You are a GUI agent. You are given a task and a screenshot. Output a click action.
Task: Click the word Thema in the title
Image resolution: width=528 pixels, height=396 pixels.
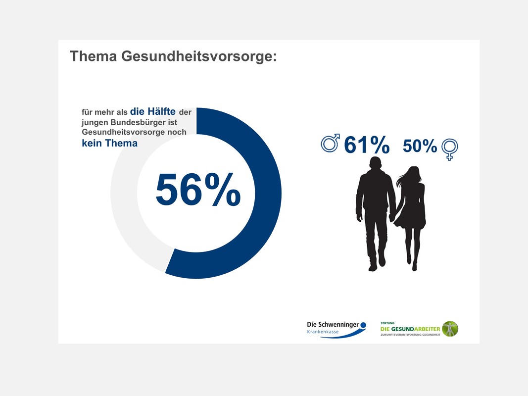tap(93, 56)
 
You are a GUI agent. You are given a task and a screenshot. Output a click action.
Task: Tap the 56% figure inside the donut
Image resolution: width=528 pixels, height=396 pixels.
tap(198, 189)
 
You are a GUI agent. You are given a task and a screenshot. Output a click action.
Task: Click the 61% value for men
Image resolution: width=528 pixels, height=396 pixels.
tap(367, 145)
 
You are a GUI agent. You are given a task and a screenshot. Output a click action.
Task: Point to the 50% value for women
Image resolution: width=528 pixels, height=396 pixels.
tap(420, 146)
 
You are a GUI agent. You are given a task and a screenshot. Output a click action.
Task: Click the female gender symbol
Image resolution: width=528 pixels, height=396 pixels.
tap(449, 149)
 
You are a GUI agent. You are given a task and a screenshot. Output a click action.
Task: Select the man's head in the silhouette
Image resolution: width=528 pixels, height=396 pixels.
tap(376, 164)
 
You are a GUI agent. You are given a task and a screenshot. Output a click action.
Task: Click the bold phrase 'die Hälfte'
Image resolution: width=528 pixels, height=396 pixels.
tap(152, 111)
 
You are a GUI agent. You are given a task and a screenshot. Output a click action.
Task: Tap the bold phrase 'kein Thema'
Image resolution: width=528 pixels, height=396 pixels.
tap(109, 143)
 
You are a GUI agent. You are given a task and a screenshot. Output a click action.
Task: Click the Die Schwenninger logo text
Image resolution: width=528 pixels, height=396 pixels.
tap(333, 325)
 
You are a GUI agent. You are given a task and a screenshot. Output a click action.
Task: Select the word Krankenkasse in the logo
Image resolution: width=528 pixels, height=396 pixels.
tap(323, 332)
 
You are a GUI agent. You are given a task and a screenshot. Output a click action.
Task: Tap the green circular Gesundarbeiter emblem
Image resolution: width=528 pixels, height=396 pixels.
tap(450, 329)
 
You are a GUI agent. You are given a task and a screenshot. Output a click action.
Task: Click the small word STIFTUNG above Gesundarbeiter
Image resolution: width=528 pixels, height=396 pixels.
tap(387, 323)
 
